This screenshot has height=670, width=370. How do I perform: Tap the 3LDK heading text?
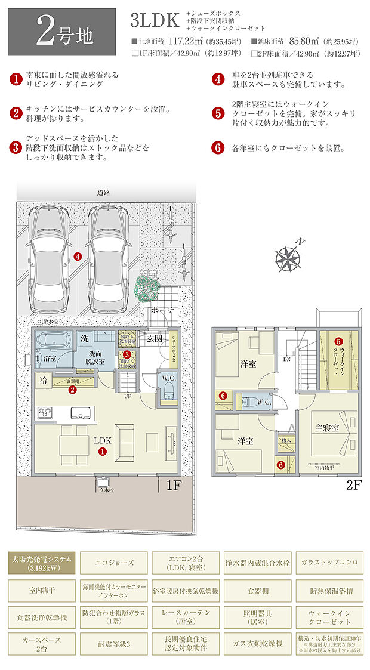pos(154,21)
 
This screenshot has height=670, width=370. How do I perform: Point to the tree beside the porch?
pos(146,288)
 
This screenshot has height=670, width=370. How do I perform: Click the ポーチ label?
pos(162,311)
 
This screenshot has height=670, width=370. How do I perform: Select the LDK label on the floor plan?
pos(102,440)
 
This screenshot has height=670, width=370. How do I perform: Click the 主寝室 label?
pos(327,428)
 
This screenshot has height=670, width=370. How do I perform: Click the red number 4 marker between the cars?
pos(78,257)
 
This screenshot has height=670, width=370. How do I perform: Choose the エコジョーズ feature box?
pos(115,561)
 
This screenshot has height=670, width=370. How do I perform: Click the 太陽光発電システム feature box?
pos(42,563)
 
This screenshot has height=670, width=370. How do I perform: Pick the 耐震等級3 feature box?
pos(115,644)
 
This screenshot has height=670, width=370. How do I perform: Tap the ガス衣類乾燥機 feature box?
pos(257,644)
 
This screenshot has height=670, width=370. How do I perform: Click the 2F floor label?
pos(354,485)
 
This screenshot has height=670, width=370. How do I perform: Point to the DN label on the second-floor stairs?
pos(286,359)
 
